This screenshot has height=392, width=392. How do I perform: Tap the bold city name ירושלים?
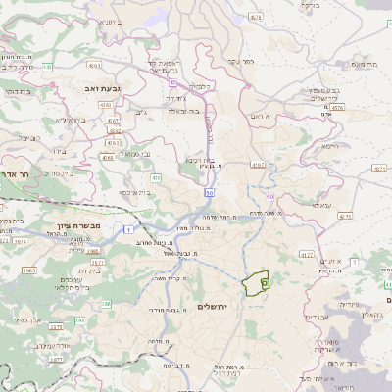(211, 307)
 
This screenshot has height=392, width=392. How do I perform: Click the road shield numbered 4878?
(256, 17)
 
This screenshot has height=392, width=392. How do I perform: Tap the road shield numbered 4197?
(258, 165)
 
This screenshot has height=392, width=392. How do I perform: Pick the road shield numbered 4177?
(306, 254)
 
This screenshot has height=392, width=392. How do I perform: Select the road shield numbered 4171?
(380, 168)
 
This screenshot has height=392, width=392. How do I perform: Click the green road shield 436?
(156, 177)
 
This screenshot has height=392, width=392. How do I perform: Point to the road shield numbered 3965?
(94, 251)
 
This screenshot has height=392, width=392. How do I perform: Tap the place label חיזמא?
(328, 144)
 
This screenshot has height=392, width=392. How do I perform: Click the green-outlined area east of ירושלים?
(257, 283)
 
